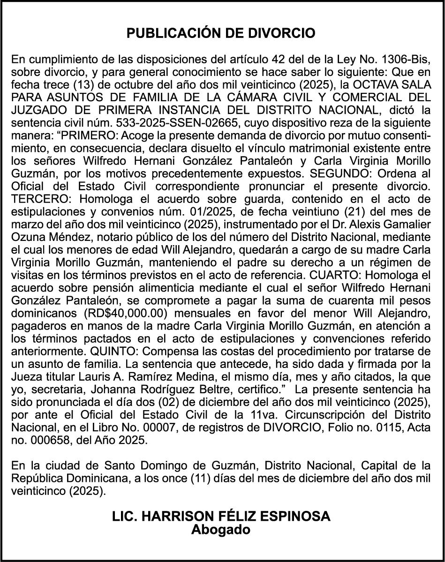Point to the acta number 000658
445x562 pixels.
(44, 439)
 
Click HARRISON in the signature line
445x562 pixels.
(184, 517)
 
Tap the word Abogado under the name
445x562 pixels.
(221, 530)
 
